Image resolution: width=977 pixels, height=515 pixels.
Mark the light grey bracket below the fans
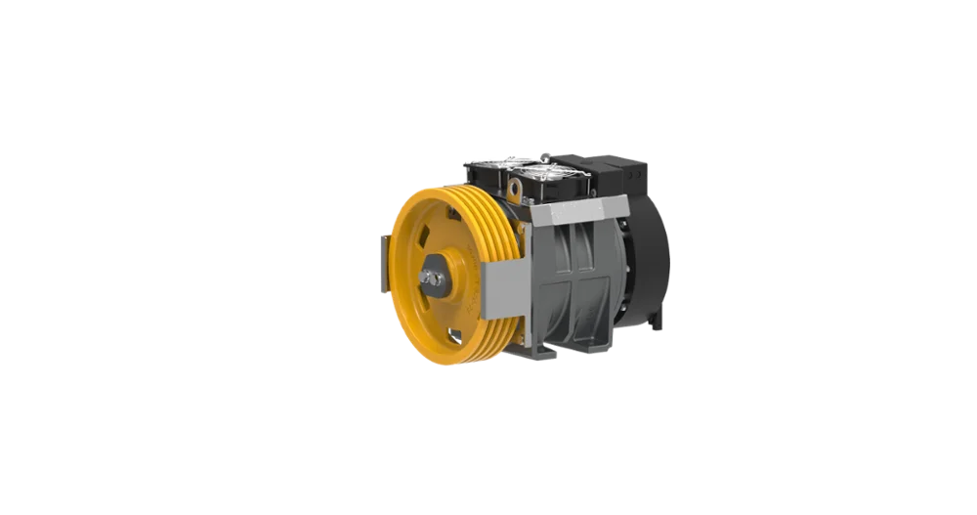(576, 211)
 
